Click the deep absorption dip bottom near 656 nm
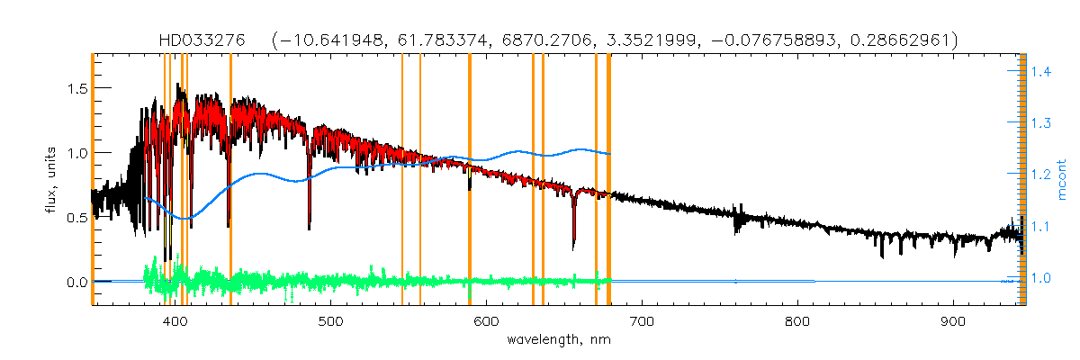tap(574, 247)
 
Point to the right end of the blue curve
tap(611, 154)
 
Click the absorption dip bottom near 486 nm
tap(310, 228)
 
